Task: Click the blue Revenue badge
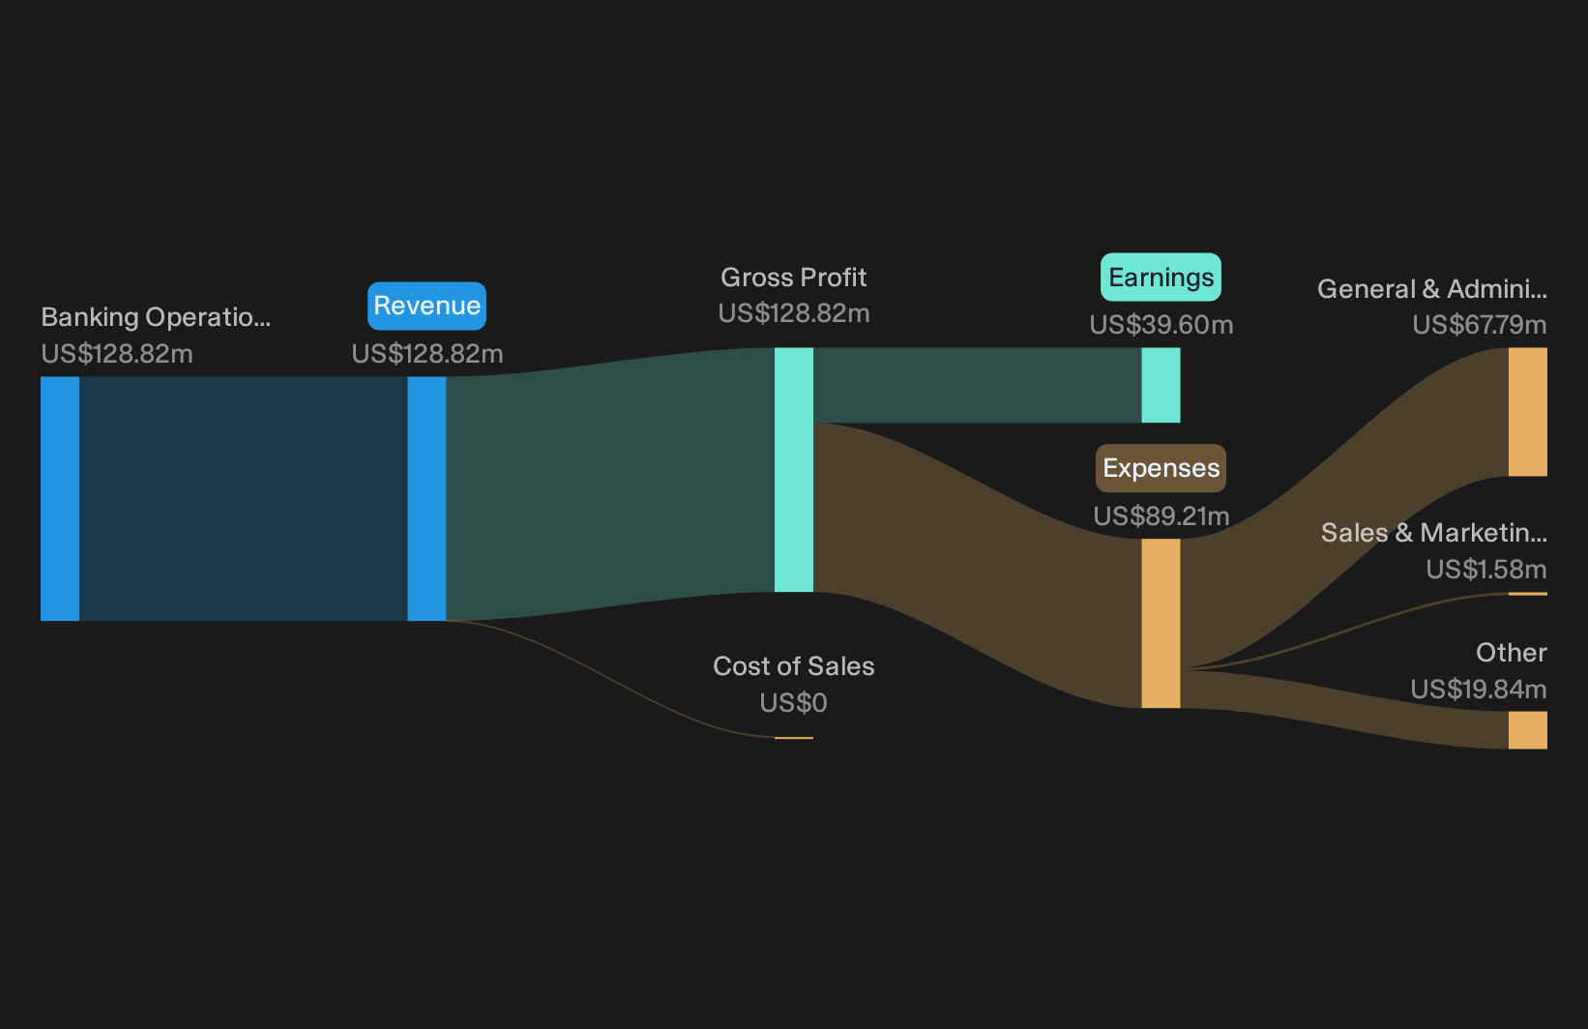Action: [426, 306]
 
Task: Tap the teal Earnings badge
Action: [1161, 278]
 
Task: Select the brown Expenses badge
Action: [1161, 468]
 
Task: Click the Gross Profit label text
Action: [793, 278]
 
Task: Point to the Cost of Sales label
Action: [793, 666]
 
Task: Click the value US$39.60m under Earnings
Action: [1162, 325]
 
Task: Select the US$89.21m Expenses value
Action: [1162, 515]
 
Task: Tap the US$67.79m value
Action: [1480, 325]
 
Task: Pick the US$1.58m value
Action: [1486, 569]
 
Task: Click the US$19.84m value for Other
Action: [1479, 689]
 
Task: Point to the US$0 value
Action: [793, 703]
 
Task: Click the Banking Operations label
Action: [156, 317]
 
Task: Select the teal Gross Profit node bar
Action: [793, 469]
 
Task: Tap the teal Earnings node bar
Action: [1161, 385]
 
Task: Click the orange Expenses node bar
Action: [1161, 624]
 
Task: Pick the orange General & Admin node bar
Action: [1528, 412]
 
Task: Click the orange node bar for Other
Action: [1528, 730]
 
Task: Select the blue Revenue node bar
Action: [426, 499]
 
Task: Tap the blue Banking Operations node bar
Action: [60, 499]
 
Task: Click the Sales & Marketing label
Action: [1434, 533]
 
